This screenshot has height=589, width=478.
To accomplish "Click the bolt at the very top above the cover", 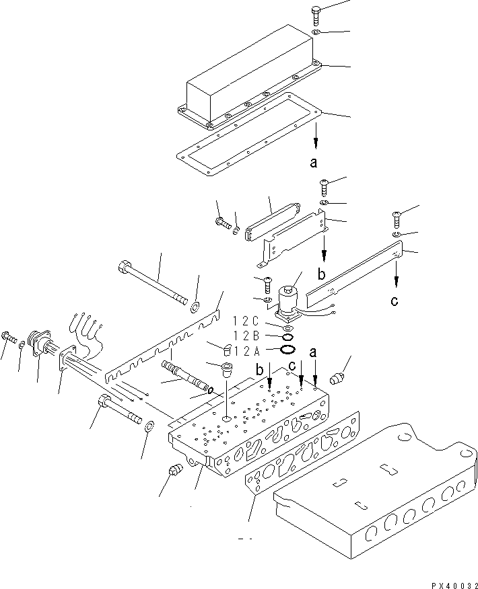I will (x=317, y=14).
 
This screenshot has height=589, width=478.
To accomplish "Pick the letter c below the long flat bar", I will (x=395, y=301).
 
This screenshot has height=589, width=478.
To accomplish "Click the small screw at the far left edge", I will (x=7, y=336).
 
